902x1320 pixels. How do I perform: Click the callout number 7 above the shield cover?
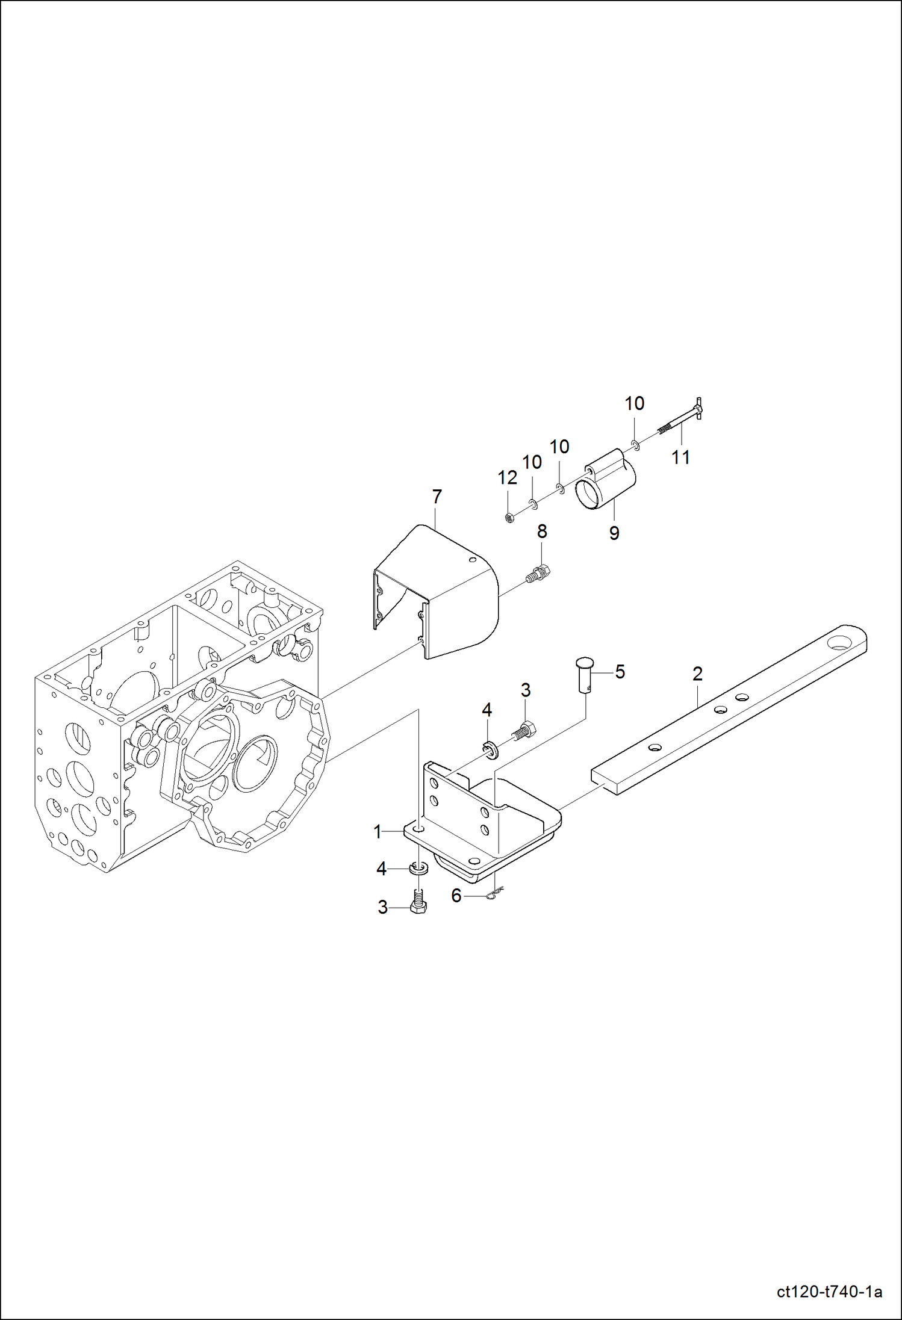[437, 497]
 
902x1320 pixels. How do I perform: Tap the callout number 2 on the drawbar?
[697, 674]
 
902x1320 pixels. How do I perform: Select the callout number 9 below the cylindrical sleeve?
[614, 533]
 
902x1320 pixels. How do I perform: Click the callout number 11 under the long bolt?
[680, 457]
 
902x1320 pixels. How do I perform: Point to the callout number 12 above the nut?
[508, 478]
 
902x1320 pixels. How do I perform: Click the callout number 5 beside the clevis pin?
[620, 672]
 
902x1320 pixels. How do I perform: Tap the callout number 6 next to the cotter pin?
[456, 896]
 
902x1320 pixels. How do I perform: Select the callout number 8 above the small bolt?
[542, 531]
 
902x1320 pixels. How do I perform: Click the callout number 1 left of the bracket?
[378, 832]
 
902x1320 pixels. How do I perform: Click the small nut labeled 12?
[509, 517]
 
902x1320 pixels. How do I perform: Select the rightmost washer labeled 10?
[635, 445]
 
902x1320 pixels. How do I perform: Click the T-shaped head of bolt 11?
[698, 409]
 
